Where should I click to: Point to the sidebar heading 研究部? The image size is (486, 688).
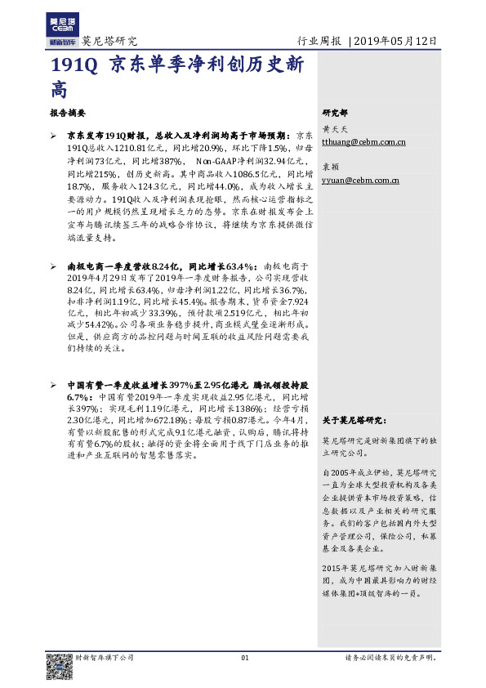[335, 113]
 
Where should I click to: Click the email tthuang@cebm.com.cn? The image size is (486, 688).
[363, 142]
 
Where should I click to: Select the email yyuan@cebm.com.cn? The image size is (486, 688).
[360, 180]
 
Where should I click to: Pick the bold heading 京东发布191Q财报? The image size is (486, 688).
[106, 134]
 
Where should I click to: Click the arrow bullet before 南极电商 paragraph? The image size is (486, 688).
[54, 266]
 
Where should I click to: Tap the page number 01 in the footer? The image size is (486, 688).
[243, 658]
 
